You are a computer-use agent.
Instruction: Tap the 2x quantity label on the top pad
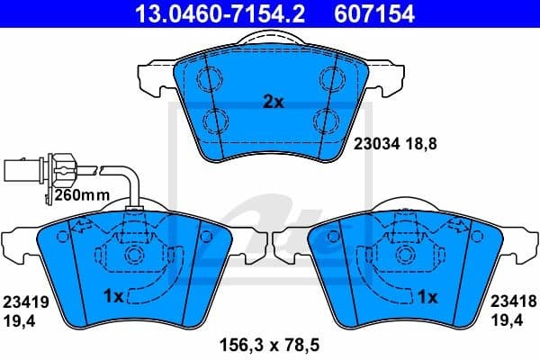(273, 103)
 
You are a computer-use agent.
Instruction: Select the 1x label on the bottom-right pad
(427, 295)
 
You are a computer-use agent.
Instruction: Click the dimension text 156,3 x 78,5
(269, 342)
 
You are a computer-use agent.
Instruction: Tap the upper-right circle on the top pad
(326, 76)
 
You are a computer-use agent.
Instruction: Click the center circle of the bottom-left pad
(134, 256)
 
